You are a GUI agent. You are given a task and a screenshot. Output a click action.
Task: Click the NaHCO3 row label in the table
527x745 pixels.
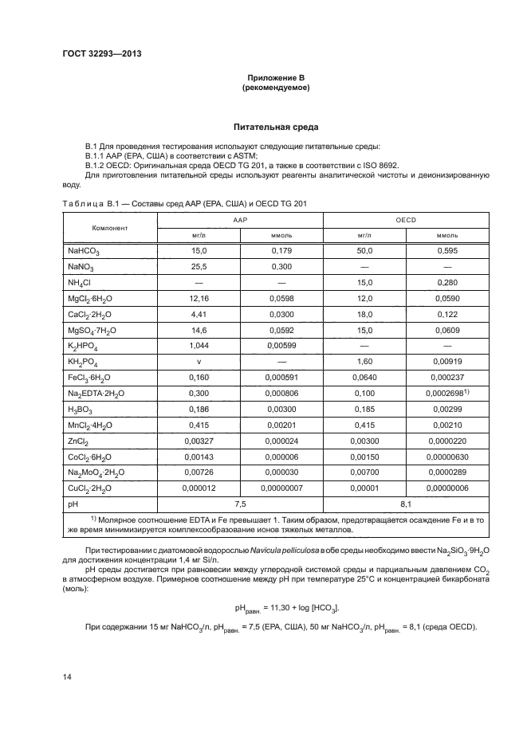[x=84, y=251]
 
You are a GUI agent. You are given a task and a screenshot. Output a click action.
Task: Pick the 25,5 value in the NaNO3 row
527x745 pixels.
[x=199, y=266]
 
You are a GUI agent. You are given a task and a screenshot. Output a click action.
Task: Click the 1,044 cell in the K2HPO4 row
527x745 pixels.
[x=199, y=346]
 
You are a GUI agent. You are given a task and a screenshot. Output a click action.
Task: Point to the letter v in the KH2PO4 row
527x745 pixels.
[x=199, y=362]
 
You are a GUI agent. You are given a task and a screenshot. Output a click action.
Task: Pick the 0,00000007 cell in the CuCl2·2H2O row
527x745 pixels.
[x=281, y=489]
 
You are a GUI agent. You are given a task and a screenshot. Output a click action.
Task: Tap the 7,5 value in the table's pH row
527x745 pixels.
[x=240, y=505]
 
